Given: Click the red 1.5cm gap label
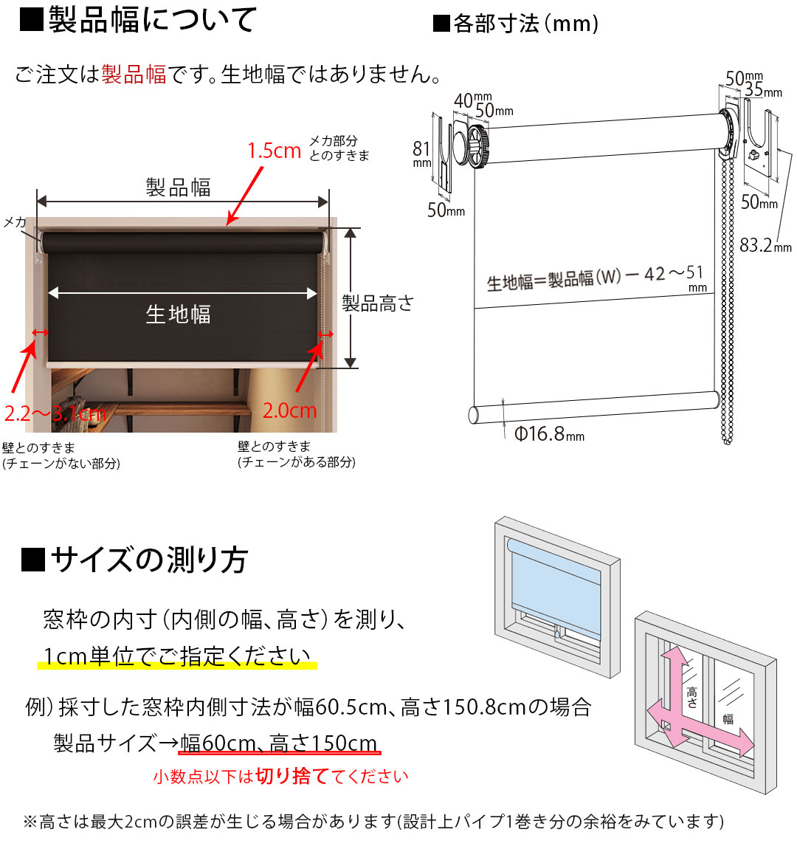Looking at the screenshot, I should (274, 151).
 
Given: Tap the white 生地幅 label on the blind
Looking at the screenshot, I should (178, 314).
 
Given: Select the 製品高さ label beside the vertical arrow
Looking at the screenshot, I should (378, 303).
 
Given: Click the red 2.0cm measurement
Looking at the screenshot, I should (289, 410).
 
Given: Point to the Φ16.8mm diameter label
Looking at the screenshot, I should (549, 434).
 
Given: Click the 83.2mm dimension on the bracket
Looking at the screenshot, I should (765, 245).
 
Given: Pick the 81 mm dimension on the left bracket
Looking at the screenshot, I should (421, 154).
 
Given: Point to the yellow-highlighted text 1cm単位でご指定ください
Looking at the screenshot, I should (177, 656).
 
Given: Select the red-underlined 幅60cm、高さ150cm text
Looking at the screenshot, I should (280, 743).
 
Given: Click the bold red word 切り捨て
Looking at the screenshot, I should (291, 777).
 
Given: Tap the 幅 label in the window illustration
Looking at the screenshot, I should (728, 718).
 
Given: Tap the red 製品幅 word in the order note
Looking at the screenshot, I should (134, 75).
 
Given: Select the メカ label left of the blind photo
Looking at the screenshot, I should (15, 221).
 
